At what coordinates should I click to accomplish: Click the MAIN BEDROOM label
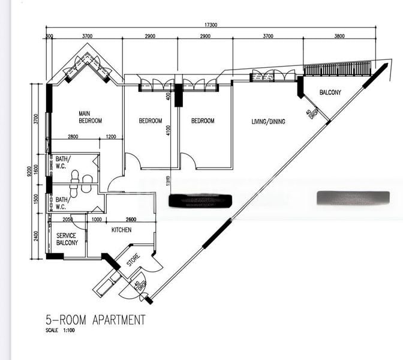91,116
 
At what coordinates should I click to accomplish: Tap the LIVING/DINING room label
268,122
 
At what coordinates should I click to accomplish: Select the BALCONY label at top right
330,92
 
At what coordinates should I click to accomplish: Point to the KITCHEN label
122,230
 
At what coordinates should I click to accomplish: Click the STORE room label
133,260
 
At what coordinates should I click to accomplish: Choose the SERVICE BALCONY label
67,239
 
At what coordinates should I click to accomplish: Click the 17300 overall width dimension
210,25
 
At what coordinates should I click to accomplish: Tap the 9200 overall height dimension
29,172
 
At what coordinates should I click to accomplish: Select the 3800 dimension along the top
339,36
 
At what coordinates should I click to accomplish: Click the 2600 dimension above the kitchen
133,219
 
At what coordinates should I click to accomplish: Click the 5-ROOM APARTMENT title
95,320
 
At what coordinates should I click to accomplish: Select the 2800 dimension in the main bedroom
73,137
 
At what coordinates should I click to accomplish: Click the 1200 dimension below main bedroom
111,137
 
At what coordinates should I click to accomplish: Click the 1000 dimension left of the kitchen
96,219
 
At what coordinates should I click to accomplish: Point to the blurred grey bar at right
353,197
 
